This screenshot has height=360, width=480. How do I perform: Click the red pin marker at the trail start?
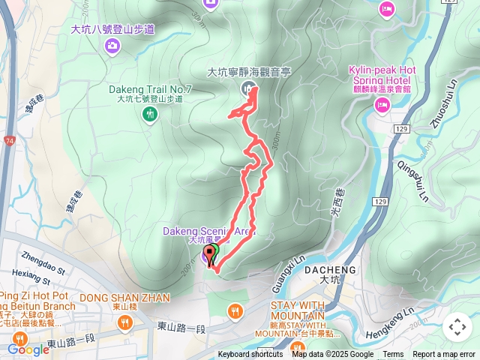pyautogui.click(x=208, y=256)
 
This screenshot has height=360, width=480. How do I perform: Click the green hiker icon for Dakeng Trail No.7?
pyautogui.click(x=151, y=114)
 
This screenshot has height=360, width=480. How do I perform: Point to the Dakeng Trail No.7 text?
pyautogui.click(x=151, y=89)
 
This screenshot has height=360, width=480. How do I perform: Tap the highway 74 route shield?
pyautogui.click(x=7, y=139)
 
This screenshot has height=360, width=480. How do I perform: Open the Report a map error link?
pyautogui.click(x=445, y=355)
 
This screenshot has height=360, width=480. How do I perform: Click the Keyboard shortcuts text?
pyautogui.click(x=250, y=355)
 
